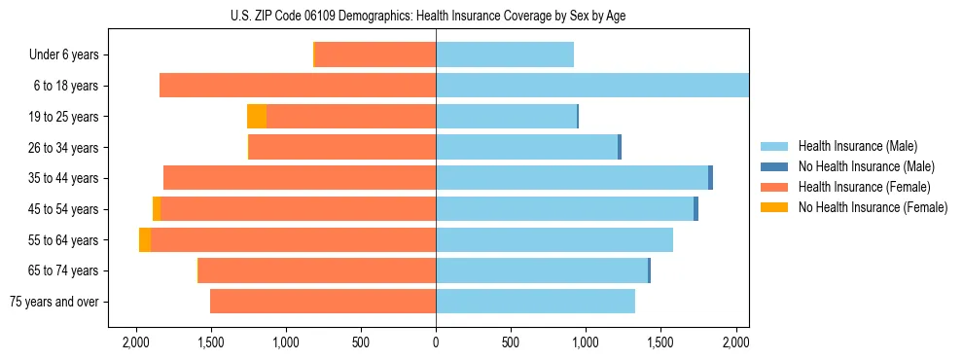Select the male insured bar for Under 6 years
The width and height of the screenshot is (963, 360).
505,54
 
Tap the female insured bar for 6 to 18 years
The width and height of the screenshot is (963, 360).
298,86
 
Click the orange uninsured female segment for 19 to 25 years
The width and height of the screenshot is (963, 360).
257,117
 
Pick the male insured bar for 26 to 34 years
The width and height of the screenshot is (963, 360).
526,147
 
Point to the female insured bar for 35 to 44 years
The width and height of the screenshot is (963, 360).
300,178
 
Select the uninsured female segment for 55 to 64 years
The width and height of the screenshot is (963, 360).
145,240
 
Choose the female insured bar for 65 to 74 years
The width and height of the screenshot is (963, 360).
317,270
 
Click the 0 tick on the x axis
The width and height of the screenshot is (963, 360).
436,342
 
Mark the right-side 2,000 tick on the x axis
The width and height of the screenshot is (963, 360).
736,342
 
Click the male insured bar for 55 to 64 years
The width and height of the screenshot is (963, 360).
554,240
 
